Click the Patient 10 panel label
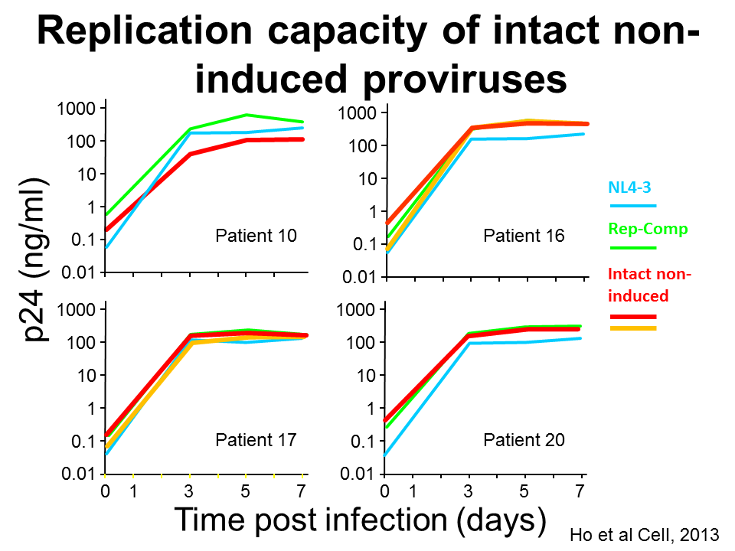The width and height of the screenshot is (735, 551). [256, 235]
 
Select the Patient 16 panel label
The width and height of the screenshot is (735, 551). [524, 235]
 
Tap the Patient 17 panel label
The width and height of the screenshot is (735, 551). [256, 440]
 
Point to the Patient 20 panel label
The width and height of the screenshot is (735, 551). [524, 440]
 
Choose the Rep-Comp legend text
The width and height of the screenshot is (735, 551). [637, 228]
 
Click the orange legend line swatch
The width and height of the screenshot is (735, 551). [632, 328]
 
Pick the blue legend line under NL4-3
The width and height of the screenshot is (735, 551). [632, 205]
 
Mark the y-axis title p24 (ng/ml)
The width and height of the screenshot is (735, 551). [35, 260]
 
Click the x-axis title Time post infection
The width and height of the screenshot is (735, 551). [361, 520]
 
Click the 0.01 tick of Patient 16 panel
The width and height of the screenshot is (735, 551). [360, 276]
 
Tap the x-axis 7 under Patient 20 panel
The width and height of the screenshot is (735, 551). [581, 491]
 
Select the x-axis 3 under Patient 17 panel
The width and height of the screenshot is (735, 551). [189, 491]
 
